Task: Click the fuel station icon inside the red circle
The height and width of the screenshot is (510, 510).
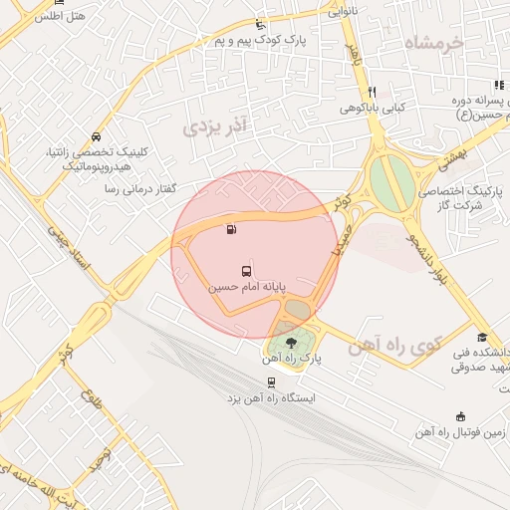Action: tap(232, 230)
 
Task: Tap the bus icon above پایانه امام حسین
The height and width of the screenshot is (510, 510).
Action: tap(246, 270)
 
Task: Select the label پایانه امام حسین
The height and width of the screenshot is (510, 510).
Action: tap(246, 286)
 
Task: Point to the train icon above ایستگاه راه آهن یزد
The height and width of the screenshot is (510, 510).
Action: tap(270, 382)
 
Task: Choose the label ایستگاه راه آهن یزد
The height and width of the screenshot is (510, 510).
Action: tap(270, 397)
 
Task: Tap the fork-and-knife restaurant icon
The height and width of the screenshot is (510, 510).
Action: tap(371, 92)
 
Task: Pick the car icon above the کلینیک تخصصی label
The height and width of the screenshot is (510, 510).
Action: tap(95, 136)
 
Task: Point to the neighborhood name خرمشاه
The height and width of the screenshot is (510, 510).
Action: tap(435, 44)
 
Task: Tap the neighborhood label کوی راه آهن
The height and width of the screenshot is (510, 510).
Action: tap(394, 347)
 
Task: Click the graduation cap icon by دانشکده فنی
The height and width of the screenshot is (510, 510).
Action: tap(482, 337)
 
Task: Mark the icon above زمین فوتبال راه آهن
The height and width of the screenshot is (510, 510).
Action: tap(460, 416)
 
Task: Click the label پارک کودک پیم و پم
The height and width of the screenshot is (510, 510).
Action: tap(260, 41)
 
